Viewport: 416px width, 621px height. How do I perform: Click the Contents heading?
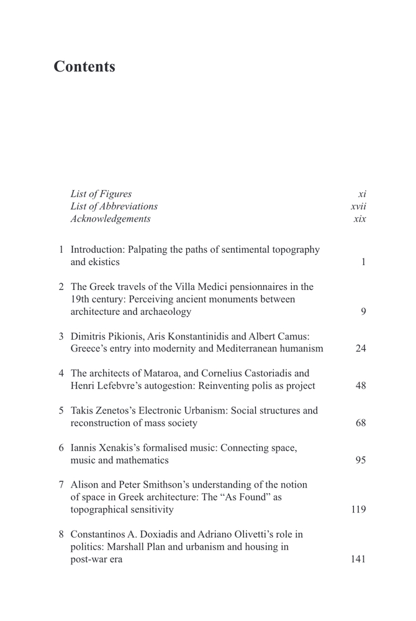pos(84,67)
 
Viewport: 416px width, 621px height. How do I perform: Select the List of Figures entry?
pos(101,194)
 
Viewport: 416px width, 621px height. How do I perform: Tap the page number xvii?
pos(358,206)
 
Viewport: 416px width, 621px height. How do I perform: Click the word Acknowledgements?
pos(111,219)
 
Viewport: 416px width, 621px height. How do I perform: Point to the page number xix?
pos(359,219)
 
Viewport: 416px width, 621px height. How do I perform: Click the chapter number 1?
pos(61,250)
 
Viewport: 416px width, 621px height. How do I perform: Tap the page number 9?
pos(363,312)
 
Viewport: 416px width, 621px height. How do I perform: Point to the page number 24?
pos(361,349)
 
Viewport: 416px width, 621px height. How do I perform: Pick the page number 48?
pos(361,386)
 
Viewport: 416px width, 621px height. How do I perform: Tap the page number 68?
pos(361,424)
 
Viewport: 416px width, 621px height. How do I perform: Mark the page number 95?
pos(361,461)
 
